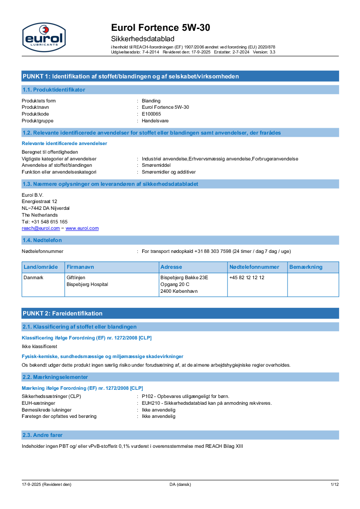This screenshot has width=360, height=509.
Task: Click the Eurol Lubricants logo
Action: point(44,37)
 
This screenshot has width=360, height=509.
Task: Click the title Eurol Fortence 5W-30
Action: point(161,28)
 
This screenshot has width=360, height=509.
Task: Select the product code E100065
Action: point(151,114)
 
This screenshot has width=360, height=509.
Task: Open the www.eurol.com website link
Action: point(82,228)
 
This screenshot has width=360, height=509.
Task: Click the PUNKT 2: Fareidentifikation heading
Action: point(63,313)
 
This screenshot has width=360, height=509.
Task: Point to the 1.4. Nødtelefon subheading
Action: point(42,240)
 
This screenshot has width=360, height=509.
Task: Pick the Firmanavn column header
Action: point(80,267)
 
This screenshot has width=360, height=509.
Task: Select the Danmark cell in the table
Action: point(34,277)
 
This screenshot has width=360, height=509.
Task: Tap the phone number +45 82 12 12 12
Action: point(247,277)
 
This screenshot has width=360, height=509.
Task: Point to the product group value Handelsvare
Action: point(155,121)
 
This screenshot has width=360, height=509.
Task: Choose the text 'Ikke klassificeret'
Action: point(39,346)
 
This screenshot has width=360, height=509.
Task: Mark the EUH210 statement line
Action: point(206,403)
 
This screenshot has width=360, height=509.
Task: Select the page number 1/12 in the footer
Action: point(335,485)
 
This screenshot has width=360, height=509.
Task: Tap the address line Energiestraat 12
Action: point(39,201)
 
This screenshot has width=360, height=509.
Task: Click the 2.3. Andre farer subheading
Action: point(43,435)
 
